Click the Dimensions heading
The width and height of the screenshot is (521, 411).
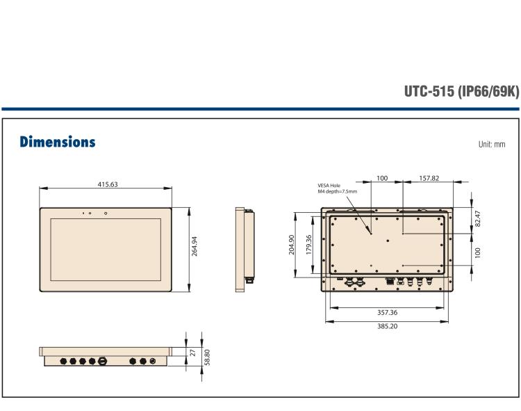(57, 142)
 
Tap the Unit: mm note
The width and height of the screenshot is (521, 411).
(491, 144)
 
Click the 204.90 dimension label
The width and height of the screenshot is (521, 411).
(292, 245)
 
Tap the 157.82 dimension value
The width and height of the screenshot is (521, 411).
(429, 178)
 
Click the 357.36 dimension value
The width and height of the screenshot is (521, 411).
(387, 312)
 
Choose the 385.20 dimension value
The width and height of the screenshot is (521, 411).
(387, 325)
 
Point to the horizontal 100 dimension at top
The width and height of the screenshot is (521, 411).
(382, 178)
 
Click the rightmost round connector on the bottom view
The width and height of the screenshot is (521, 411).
(153, 361)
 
